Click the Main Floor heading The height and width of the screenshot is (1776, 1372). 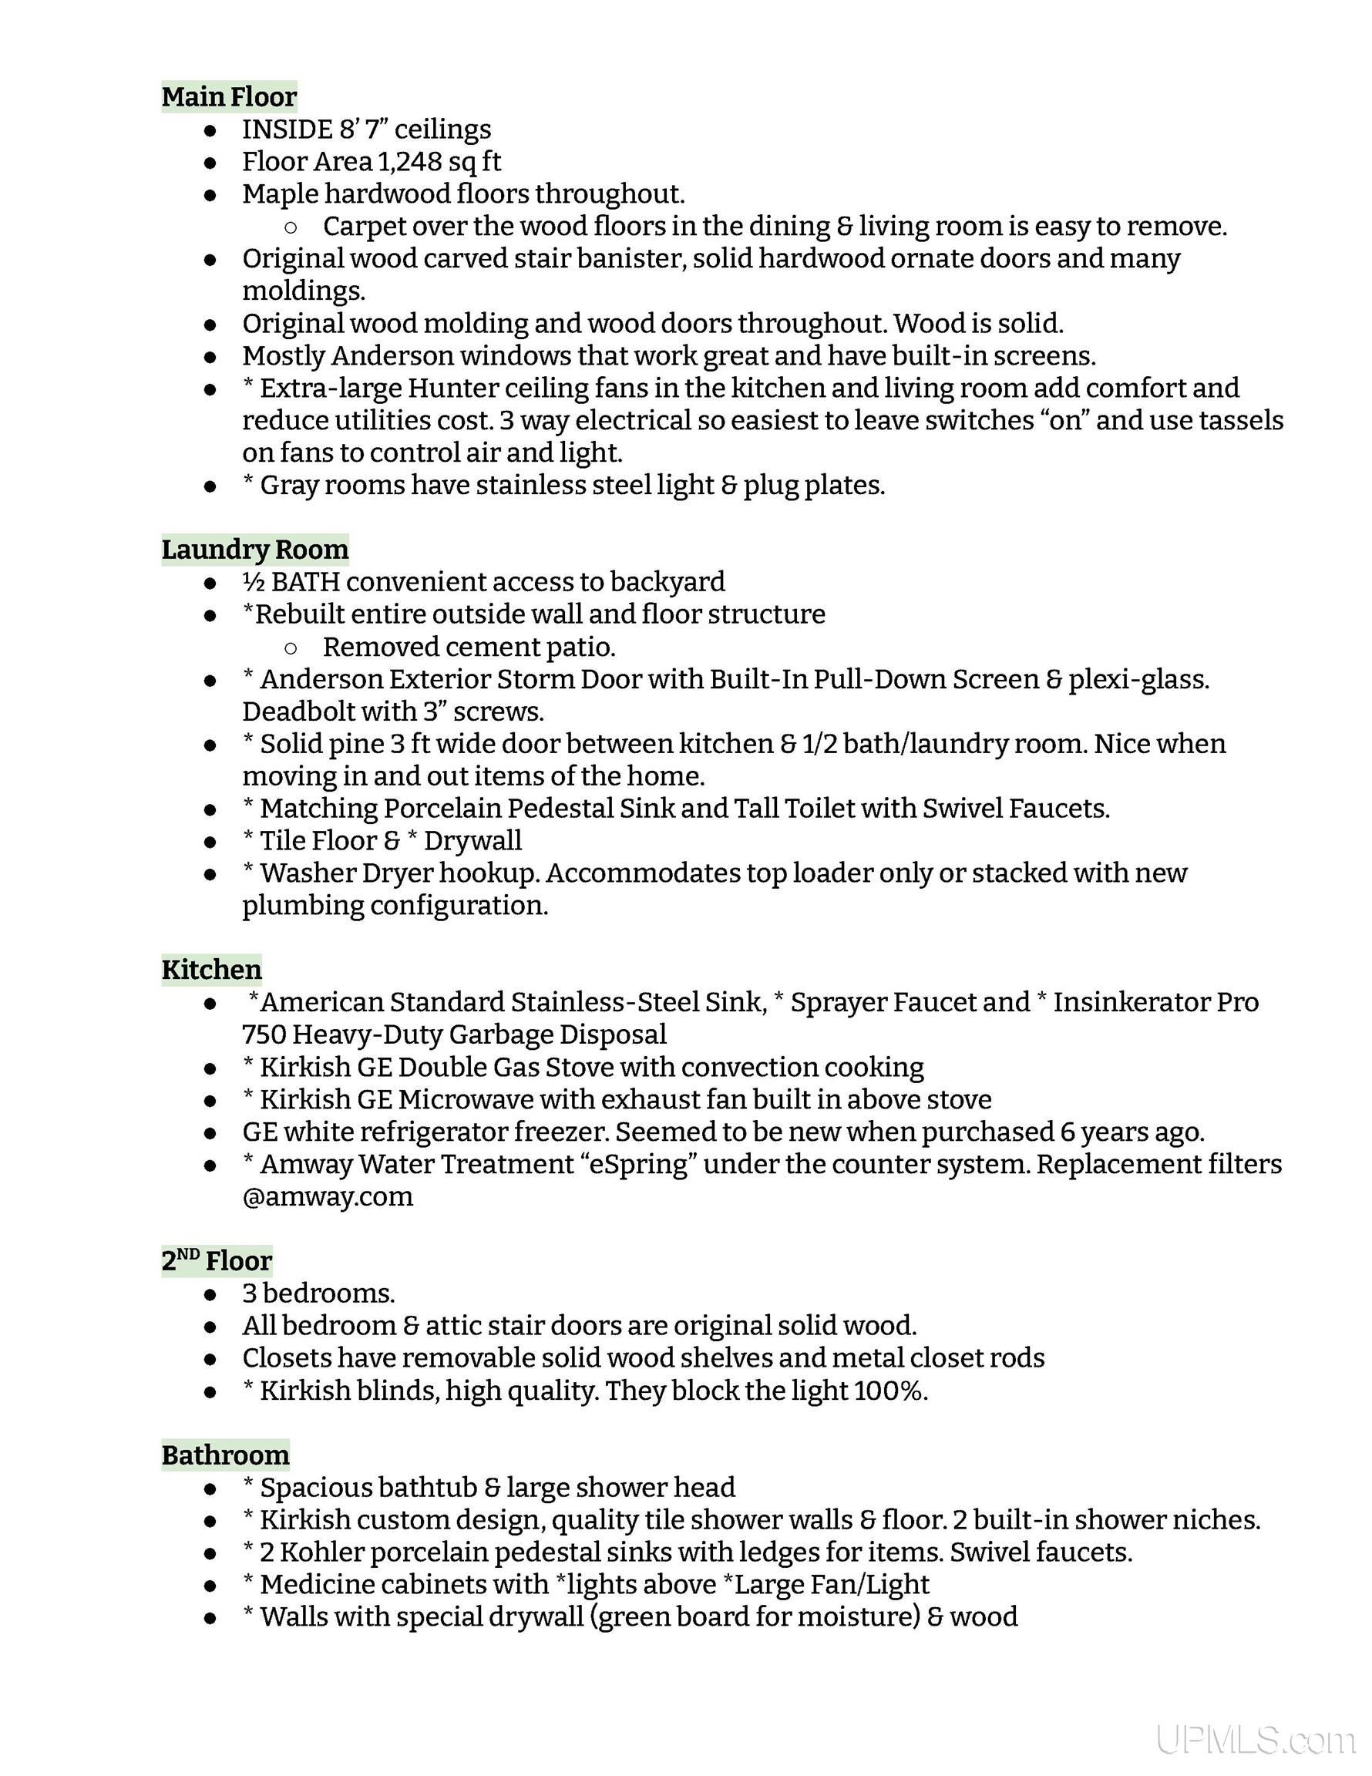[230, 97]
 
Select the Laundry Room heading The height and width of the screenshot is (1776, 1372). [254, 550]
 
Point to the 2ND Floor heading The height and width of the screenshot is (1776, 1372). [217, 1261]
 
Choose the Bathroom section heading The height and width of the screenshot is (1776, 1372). [225, 1455]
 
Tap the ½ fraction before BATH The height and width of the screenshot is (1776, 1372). [253, 582]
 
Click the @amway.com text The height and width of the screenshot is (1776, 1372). [327, 1196]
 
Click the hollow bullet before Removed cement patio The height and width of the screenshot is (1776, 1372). [291, 648]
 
